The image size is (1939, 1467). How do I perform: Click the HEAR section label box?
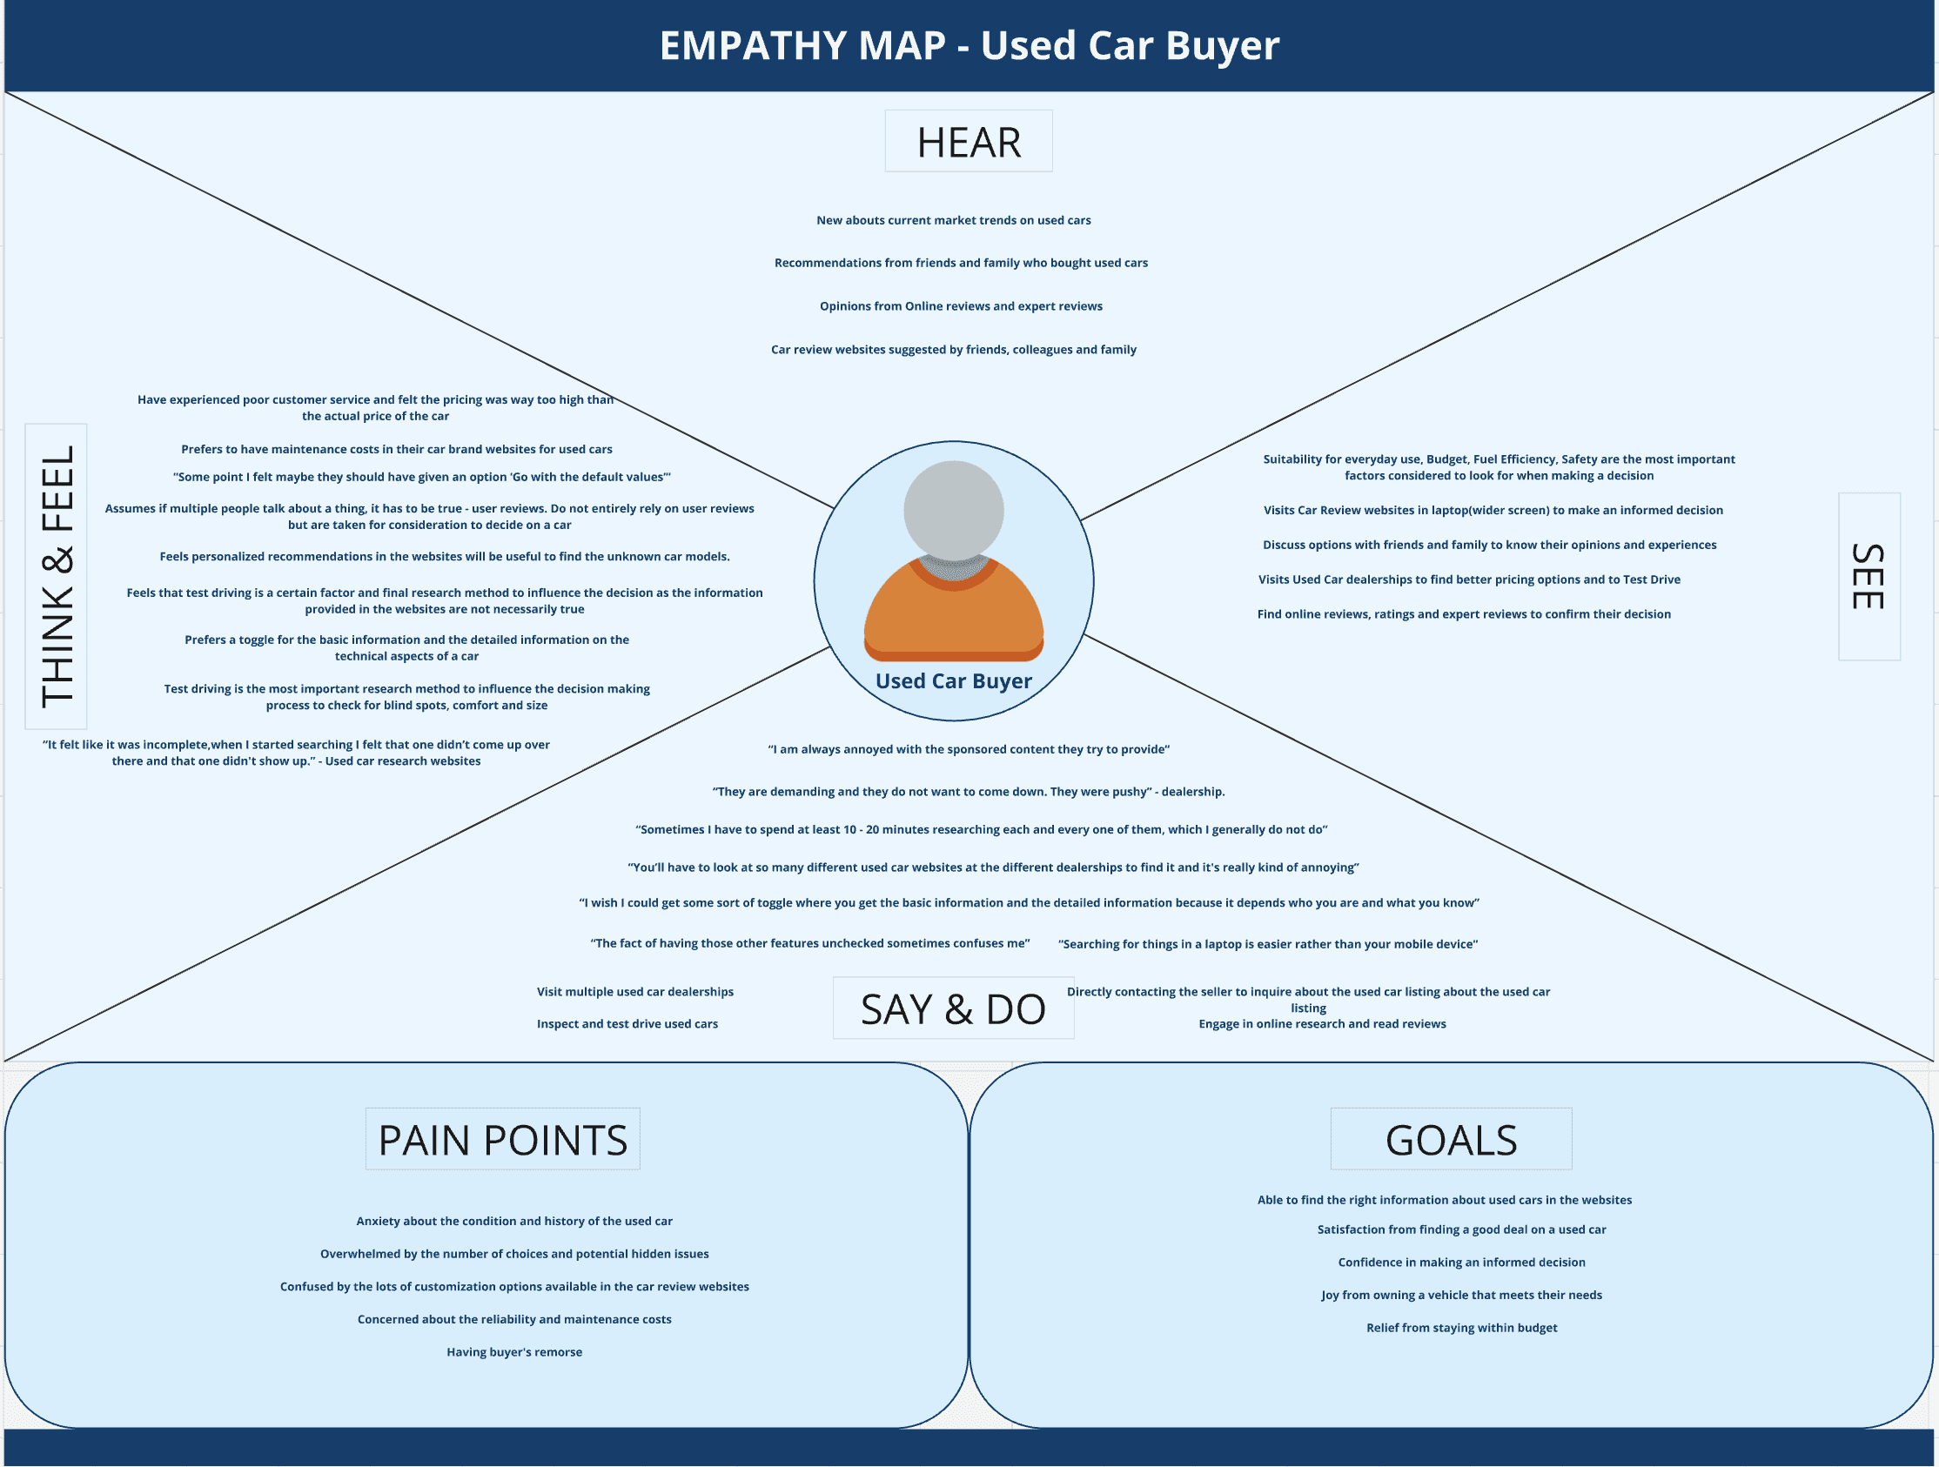click(x=969, y=141)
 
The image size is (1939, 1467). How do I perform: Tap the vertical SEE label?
click(x=1868, y=577)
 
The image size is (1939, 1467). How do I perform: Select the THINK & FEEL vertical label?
click(x=56, y=577)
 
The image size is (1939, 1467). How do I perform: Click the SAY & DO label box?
click(x=953, y=1008)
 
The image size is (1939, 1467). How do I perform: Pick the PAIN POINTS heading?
click(x=502, y=1139)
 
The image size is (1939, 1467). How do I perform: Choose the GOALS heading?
click(x=1451, y=1139)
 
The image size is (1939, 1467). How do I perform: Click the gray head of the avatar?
click(x=954, y=509)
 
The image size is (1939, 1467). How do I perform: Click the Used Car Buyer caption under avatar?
click(x=954, y=681)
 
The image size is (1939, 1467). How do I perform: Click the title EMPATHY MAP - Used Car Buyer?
click(x=969, y=45)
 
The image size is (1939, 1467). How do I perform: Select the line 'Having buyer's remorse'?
click(x=514, y=1352)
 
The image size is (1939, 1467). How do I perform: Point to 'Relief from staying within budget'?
click(x=1461, y=1328)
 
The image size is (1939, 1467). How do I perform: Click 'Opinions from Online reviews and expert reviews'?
click(x=961, y=306)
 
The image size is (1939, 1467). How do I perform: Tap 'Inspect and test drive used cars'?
click(x=627, y=1023)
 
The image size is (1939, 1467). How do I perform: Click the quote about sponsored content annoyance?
click(x=969, y=749)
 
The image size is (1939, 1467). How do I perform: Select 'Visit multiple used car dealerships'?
click(x=634, y=992)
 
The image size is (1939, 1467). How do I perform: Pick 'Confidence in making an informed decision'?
click(x=1461, y=1262)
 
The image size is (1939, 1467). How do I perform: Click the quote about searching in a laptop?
click(x=1267, y=944)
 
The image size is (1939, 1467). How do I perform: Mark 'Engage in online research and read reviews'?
click(x=1322, y=1023)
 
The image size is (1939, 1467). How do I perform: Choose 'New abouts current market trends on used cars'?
click(x=954, y=220)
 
